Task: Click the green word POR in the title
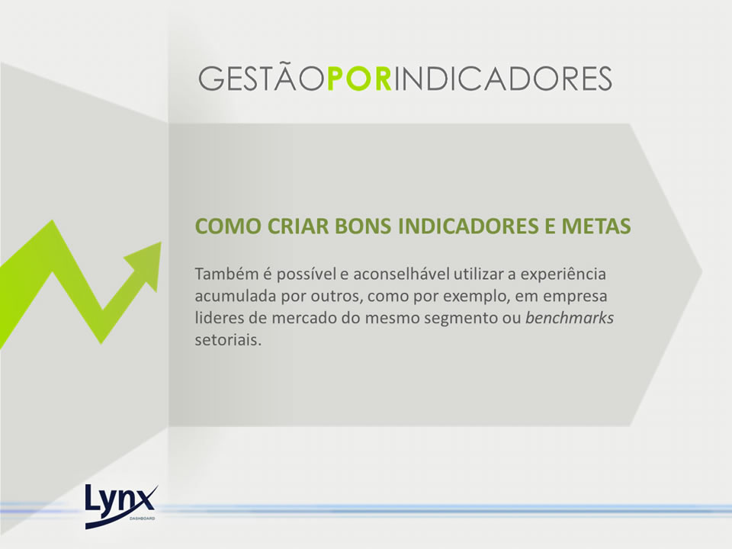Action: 359,79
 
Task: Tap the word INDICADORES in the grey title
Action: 502,79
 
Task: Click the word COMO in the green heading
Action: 228,226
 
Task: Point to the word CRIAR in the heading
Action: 298,226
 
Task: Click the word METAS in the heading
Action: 596,226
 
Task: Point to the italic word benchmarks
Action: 570,318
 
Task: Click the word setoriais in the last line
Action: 228,340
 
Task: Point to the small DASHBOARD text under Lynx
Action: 143,518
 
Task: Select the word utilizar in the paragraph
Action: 479,274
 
